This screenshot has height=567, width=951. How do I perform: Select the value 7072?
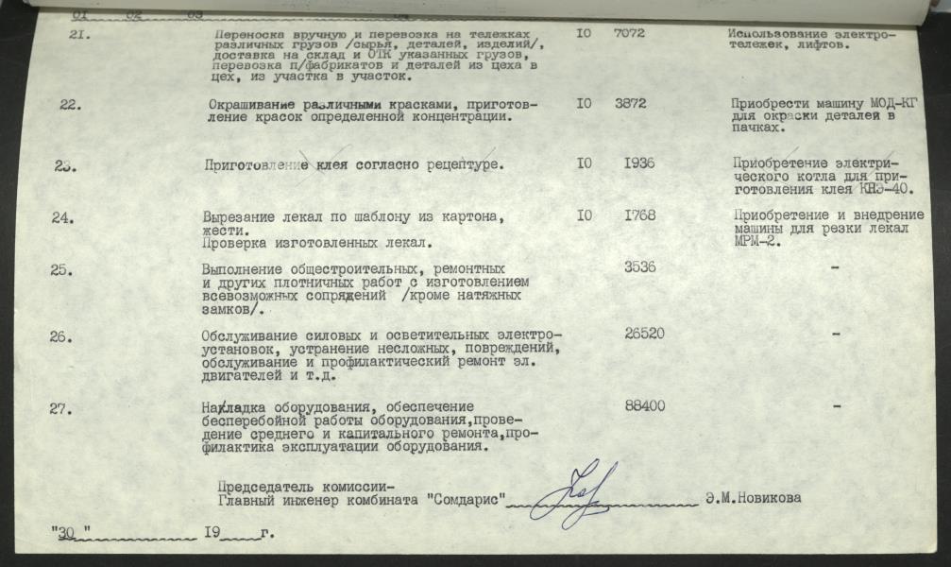[x=629, y=33]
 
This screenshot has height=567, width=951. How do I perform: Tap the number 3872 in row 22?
[x=630, y=103]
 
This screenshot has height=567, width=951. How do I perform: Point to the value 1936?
[x=639, y=163]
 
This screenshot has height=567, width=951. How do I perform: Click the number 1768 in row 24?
[x=639, y=216]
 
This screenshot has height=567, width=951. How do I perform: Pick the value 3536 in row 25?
[x=642, y=267]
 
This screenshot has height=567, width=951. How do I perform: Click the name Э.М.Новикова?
[x=753, y=499]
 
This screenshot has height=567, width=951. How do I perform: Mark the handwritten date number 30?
[x=65, y=534]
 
